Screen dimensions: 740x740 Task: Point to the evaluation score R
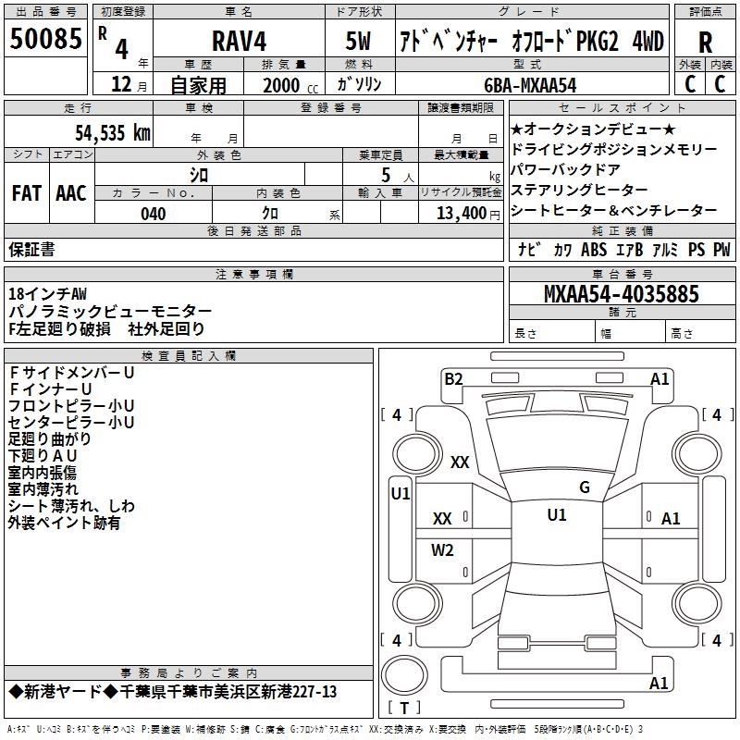(x=705, y=42)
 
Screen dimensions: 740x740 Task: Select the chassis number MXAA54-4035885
(x=621, y=294)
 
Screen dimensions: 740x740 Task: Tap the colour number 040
(x=154, y=215)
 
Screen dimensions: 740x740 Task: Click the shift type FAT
(x=26, y=193)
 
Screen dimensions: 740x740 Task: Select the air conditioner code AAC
(x=70, y=193)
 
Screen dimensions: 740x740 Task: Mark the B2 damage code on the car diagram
(x=453, y=377)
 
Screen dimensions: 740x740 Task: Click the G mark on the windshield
(x=584, y=487)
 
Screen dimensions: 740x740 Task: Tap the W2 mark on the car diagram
(x=443, y=550)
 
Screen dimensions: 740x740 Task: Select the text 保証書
(x=31, y=249)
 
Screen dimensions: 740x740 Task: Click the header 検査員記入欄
(x=189, y=355)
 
